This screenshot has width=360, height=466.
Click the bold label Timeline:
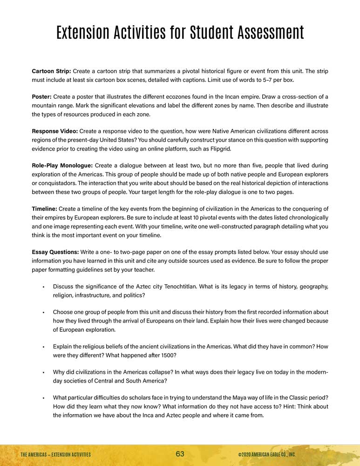(45, 208)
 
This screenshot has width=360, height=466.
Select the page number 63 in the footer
(180, 454)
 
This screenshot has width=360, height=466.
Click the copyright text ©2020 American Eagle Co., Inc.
(266, 454)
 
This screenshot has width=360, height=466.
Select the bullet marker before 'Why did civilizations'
(43, 372)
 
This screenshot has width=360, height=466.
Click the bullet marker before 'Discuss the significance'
(43, 286)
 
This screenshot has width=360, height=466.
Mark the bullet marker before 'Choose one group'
(43, 312)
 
